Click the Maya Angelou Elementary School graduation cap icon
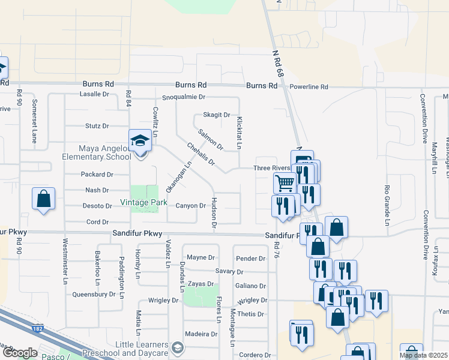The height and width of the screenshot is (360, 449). pos(140,141)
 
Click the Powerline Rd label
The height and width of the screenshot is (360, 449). pos(309,87)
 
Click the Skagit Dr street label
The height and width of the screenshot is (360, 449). pos(217,115)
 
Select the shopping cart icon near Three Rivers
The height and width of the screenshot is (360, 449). pos(285,182)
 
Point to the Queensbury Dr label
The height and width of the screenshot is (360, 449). pos(94,295)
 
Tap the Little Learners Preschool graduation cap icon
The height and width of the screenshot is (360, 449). pos(178,347)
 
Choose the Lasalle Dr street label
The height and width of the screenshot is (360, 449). pos(95,94)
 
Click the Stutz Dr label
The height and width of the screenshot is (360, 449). pos(97,126)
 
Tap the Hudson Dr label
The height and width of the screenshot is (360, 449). pos(214,213)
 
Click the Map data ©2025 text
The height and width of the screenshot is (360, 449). pos(424,355)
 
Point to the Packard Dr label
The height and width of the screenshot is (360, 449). pos(97,175)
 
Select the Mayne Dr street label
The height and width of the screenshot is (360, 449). pos(200,258)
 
